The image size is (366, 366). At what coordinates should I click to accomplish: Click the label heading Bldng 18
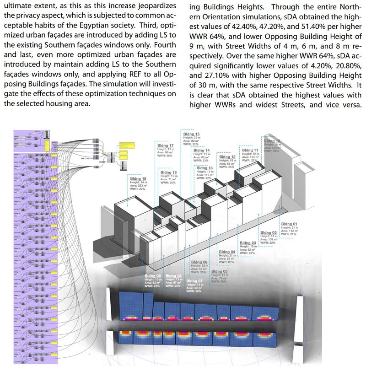click(x=138, y=178)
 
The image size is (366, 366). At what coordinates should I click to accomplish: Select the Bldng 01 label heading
click(x=289, y=224)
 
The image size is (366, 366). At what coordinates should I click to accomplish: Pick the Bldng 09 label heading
click(x=152, y=276)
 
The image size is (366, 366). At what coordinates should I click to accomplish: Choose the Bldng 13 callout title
click(x=205, y=168)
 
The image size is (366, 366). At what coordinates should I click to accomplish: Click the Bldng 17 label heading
click(x=165, y=145)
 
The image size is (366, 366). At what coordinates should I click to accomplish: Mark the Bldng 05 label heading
click(x=219, y=271)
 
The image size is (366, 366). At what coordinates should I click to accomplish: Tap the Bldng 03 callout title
click(x=248, y=243)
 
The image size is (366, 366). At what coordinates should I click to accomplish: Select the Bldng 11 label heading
click(x=250, y=150)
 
